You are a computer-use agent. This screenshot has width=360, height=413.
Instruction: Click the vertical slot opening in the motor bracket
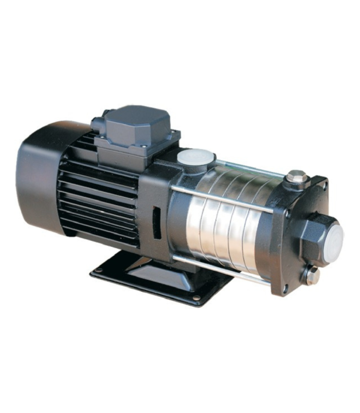point(156,222)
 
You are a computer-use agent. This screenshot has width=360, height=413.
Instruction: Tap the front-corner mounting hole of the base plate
point(196,297)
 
